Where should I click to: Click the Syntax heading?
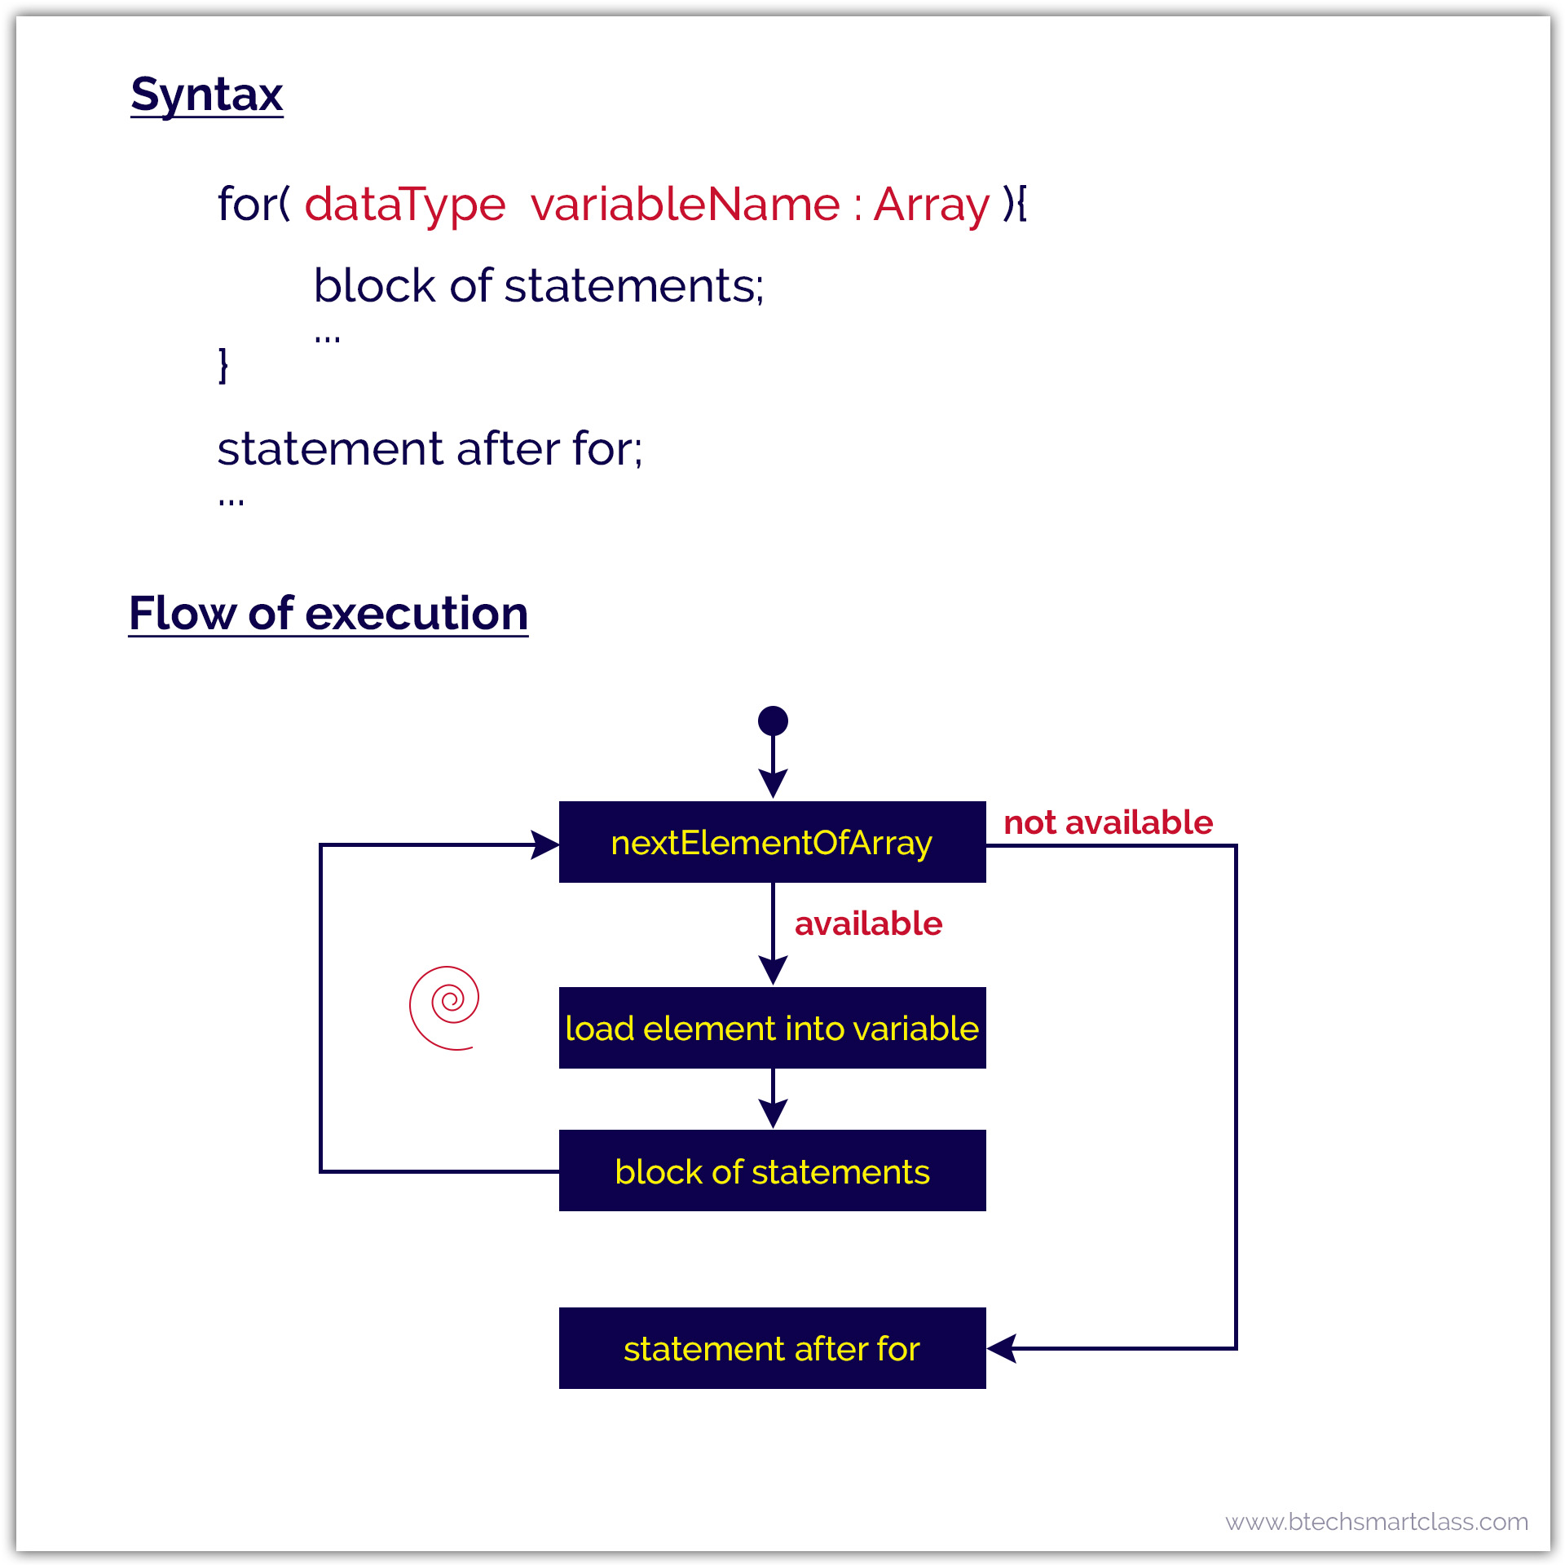pyautogui.click(x=207, y=95)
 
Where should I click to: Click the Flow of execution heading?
pyautogui.click(x=328, y=613)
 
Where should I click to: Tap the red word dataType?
pyautogui.click(x=405, y=204)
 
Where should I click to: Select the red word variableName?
pyautogui.click(x=685, y=204)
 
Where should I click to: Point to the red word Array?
pyautogui.click(x=932, y=204)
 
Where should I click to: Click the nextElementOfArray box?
pyautogui.click(x=772, y=842)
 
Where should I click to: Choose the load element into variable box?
pyautogui.click(x=772, y=1028)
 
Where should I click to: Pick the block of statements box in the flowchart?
pyautogui.click(x=772, y=1170)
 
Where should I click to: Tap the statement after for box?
pyautogui.click(x=772, y=1348)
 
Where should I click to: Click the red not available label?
pyautogui.click(x=1108, y=822)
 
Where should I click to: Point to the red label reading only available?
pyautogui.click(x=868, y=924)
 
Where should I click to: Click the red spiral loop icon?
pyautogui.click(x=445, y=1007)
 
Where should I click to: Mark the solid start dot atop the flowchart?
pyautogui.click(x=773, y=721)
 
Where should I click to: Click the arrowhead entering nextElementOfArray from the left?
pyautogui.click(x=545, y=844)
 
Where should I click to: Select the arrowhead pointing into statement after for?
pyautogui.click(x=1002, y=1348)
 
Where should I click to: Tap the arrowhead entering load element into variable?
pyautogui.click(x=773, y=970)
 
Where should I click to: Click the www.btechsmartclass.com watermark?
pyautogui.click(x=1377, y=1522)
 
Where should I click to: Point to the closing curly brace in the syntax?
pyautogui.click(x=223, y=364)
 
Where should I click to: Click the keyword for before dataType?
pyautogui.click(x=248, y=204)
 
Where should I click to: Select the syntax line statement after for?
pyautogui.click(x=430, y=448)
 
